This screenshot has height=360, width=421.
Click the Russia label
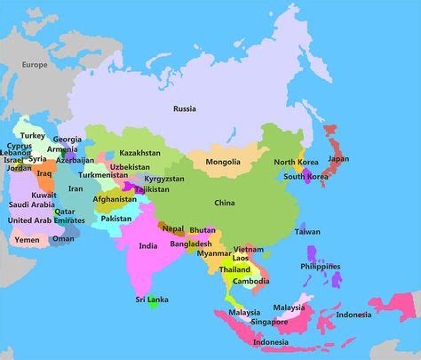tap(184, 109)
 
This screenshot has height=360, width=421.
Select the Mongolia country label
tap(222, 162)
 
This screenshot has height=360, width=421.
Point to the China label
tap(224, 202)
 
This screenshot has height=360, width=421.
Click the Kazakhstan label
tap(140, 154)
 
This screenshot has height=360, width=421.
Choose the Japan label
tap(338, 159)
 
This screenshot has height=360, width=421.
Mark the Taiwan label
tap(307, 232)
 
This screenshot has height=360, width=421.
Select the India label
tap(148, 245)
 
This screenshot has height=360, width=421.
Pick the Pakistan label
tap(116, 218)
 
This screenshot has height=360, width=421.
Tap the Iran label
tap(76, 188)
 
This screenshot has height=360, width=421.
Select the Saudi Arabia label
tap(31, 205)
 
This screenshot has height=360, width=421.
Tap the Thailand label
tap(234, 269)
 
